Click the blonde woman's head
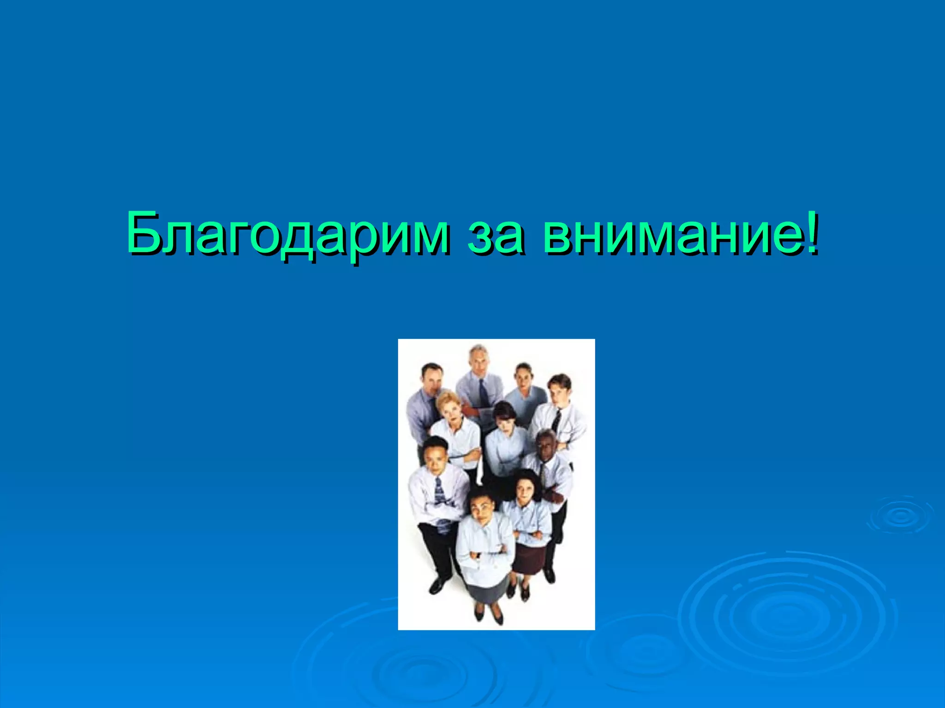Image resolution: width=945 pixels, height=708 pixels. click(448, 404)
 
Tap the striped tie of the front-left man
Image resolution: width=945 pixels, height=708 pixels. click(440, 493)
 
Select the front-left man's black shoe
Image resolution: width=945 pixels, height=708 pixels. click(437, 586)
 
